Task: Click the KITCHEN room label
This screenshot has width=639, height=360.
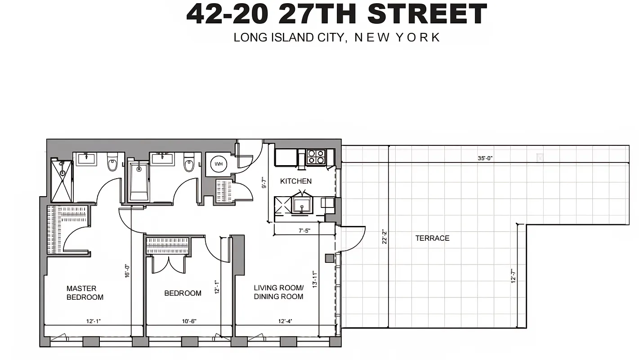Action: point(295,181)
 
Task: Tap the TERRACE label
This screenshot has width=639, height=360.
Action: point(432,238)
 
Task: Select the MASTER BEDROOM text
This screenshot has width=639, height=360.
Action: point(85,292)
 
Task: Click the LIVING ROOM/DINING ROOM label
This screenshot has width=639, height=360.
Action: point(278,292)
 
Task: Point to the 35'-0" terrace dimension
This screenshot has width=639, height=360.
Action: point(485,158)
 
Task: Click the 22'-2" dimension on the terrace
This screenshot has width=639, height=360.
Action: point(384,237)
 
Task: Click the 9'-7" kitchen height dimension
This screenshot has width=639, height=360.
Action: point(264,184)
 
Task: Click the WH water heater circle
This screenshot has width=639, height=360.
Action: point(219,164)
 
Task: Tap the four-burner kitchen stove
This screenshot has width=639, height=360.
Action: point(316,157)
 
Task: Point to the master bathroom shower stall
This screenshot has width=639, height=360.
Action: point(62,180)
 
